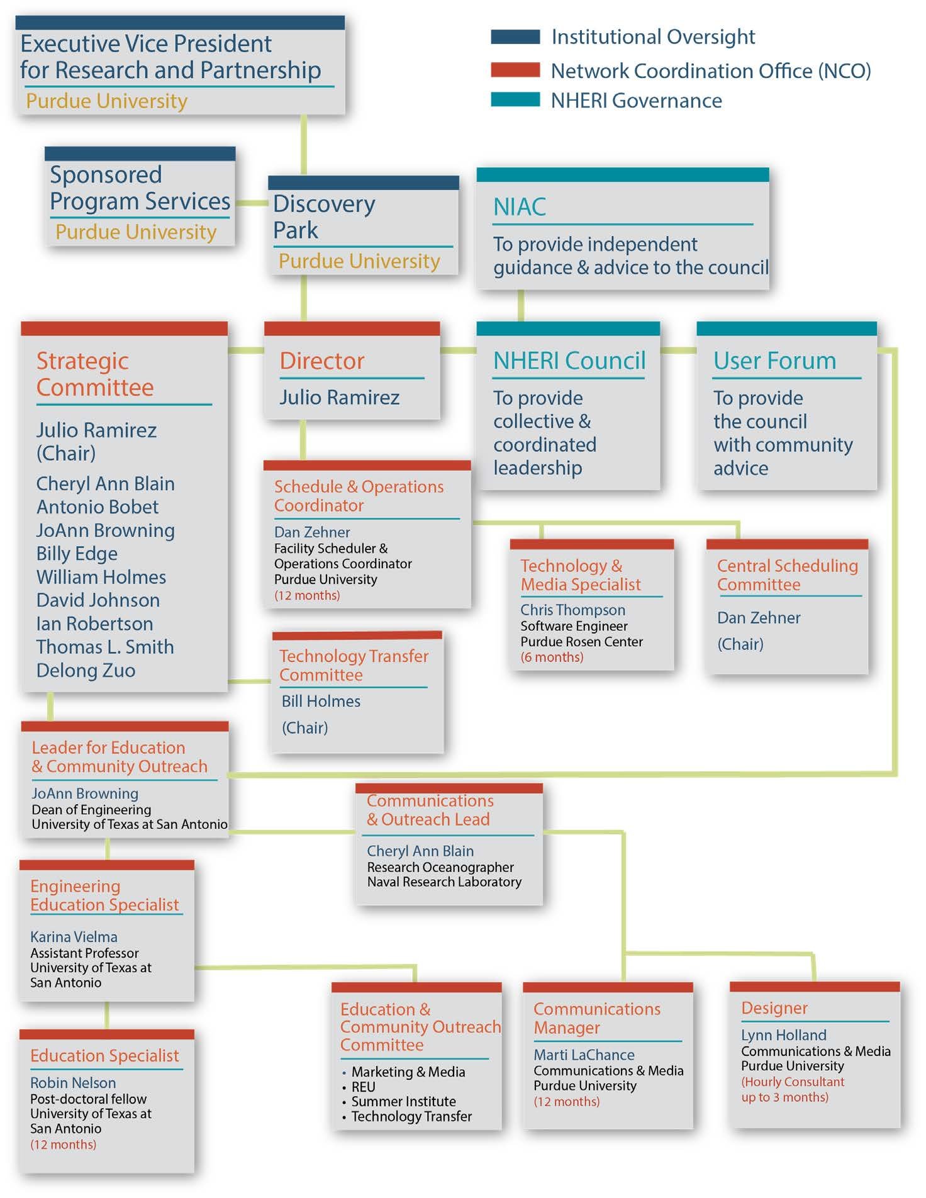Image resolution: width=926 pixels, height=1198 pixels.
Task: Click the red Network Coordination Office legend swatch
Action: tap(515, 70)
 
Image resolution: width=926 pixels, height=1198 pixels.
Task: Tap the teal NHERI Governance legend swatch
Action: tap(515, 99)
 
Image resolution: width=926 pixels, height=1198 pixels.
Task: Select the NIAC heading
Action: tap(520, 206)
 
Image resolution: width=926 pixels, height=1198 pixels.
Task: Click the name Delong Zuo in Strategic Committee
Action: tap(86, 670)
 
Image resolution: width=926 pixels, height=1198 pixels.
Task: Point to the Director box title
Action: tap(322, 361)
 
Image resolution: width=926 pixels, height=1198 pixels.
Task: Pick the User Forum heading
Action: tap(775, 361)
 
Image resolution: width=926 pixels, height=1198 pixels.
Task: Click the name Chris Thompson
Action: tap(572, 610)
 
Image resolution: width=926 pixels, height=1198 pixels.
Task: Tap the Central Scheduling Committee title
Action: tap(788, 574)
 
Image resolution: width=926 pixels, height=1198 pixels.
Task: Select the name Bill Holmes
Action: tap(321, 701)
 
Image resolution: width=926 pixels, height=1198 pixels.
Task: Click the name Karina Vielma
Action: tap(74, 936)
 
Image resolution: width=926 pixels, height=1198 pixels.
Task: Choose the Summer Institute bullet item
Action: tap(403, 1101)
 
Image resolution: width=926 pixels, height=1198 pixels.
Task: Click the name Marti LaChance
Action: tap(584, 1055)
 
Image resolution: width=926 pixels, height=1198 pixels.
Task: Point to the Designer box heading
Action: tap(774, 1008)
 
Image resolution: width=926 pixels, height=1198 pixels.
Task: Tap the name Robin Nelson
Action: tap(73, 1082)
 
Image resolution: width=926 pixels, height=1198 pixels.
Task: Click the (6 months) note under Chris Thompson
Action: tap(552, 657)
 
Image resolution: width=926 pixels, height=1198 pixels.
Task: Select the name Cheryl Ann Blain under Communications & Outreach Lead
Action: tap(420, 851)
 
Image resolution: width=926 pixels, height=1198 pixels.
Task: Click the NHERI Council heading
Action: tap(569, 361)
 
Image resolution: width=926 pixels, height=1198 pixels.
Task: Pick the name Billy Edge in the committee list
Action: tap(77, 554)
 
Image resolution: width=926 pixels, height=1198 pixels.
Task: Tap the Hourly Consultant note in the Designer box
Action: tap(793, 1089)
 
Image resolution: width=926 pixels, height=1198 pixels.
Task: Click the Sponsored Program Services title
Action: tap(140, 188)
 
